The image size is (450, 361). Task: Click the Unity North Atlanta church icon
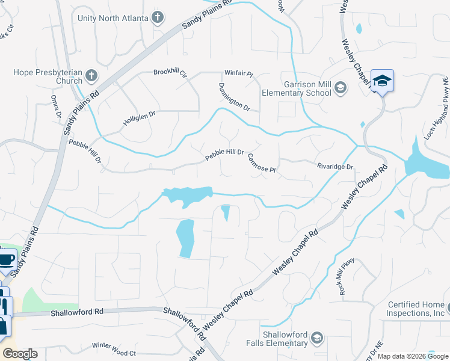(158, 17)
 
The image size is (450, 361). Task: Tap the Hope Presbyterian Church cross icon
(91, 76)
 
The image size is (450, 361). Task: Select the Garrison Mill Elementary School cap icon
(341, 88)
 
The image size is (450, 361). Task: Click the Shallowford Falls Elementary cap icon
(317, 339)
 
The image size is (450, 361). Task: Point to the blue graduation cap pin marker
(382, 81)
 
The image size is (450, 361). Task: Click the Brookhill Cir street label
(170, 73)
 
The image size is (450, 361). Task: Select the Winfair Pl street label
(239, 73)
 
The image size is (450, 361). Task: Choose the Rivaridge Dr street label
(334, 166)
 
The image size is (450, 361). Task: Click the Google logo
(20, 354)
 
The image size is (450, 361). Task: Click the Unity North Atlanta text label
(112, 18)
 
